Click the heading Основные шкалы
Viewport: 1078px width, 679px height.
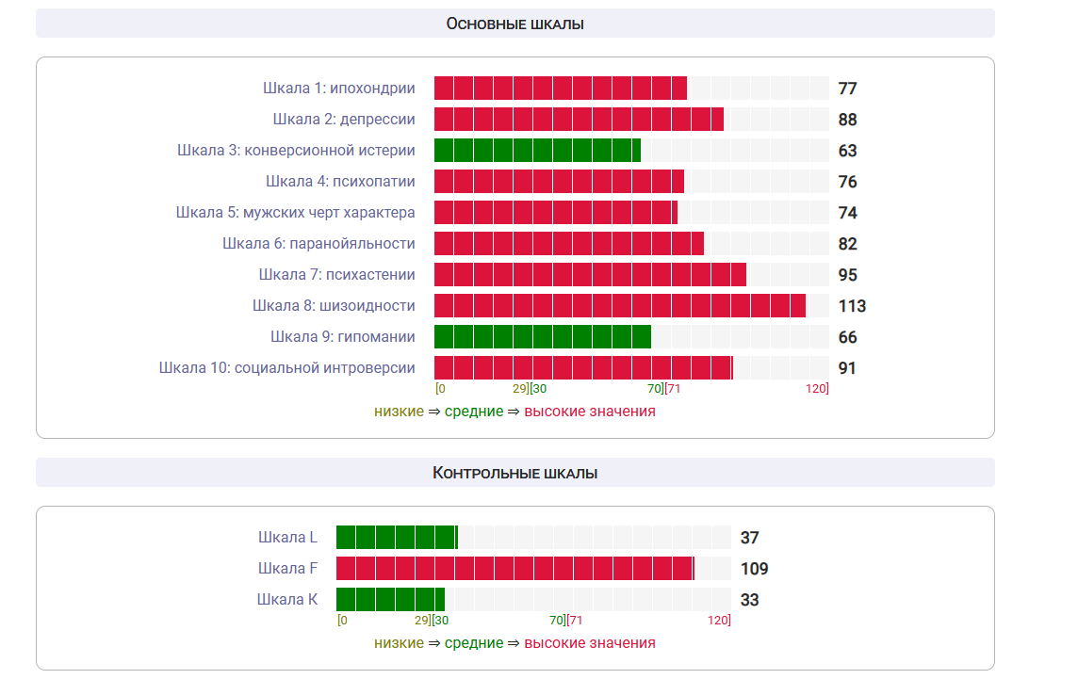point(514,24)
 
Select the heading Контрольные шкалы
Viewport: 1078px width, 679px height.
point(514,473)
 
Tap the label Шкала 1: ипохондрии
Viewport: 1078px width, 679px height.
point(339,89)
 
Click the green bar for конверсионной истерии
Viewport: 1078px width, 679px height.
point(537,151)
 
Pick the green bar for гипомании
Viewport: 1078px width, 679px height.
point(542,337)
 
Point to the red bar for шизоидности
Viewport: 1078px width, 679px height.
point(619,306)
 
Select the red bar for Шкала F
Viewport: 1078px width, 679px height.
point(514,569)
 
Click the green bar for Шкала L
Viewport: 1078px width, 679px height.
point(396,538)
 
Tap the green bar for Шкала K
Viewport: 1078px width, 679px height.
point(390,600)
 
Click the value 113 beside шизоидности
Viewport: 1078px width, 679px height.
point(852,306)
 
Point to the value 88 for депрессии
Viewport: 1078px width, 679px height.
point(847,120)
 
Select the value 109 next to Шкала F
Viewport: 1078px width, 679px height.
point(754,569)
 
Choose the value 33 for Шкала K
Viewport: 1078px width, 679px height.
point(749,600)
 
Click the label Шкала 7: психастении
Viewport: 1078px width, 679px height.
point(336,275)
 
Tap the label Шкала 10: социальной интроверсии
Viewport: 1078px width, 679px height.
point(286,368)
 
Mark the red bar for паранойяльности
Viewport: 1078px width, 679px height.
point(568,244)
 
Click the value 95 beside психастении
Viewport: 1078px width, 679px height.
point(847,275)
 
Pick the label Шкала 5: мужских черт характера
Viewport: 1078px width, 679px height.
point(295,213)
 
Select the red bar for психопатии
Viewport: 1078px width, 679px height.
point(559,182)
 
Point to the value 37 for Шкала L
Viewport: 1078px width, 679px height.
point(749,538)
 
